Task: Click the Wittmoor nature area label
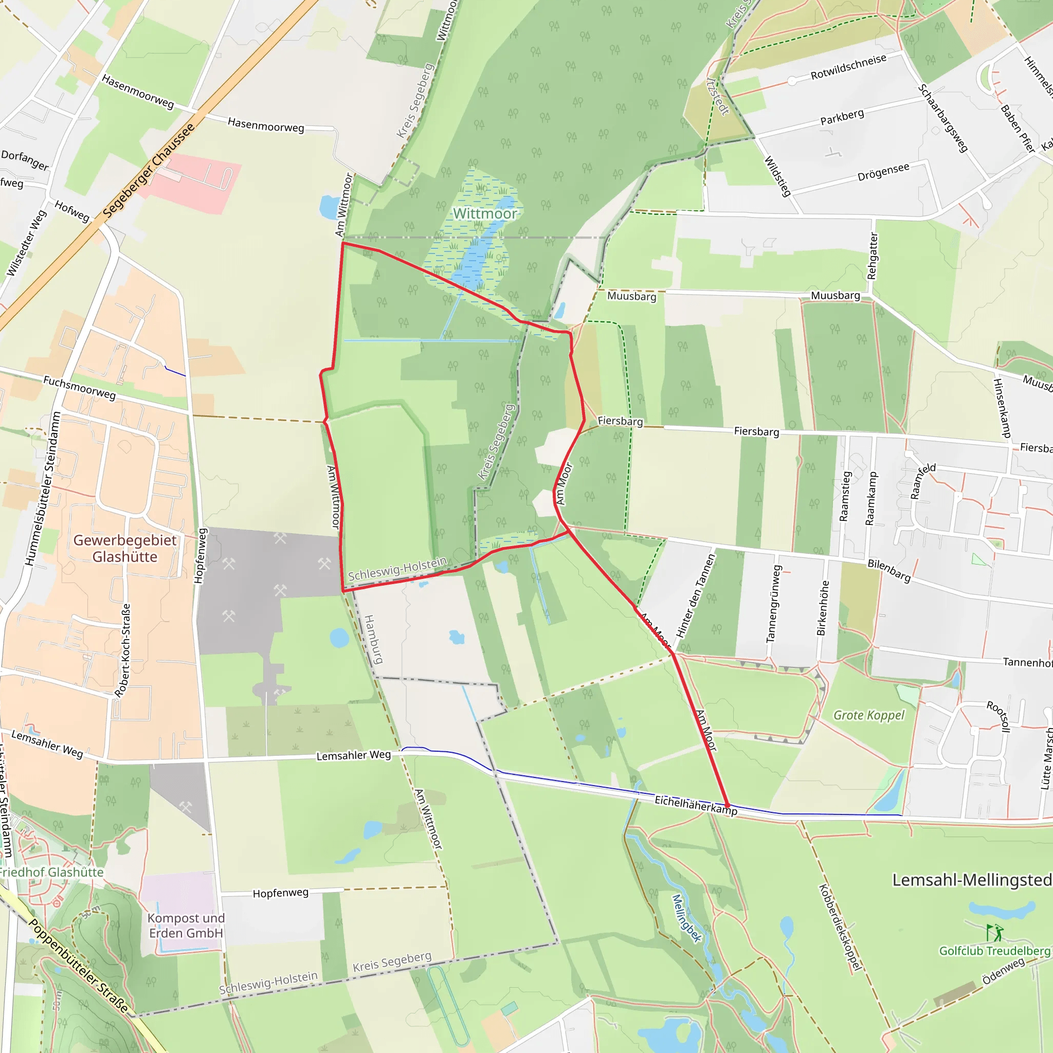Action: coord(484,214)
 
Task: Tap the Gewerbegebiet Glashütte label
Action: coord(125,548)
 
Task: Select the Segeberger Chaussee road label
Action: coord(148,170)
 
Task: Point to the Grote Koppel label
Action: coord(869,715)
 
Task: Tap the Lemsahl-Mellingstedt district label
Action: coord(972,880)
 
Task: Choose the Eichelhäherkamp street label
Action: coord(696,805)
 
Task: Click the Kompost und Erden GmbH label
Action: coord(186,925)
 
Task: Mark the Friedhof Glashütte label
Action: coord(51,872)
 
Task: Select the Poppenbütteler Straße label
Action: coord(79,966)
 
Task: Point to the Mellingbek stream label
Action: coord(686,918)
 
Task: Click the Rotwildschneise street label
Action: coord(848,66)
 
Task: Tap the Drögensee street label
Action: coord(883,172)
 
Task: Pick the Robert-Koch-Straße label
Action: coord(123,650)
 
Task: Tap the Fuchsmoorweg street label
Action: coord(80,388)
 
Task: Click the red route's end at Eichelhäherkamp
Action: coord(727,805)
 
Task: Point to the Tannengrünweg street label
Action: coord(773,603)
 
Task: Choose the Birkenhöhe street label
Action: coord(823,608)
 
